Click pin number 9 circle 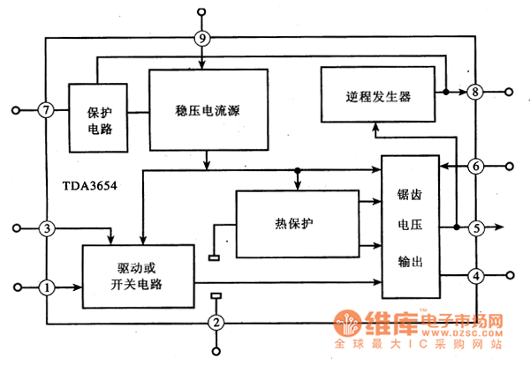coord(203,38)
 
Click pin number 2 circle coord(216,323)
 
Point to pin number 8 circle coord(475,92)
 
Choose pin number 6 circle coord(475,166)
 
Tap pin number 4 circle coord(475,277)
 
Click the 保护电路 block coord(100,119)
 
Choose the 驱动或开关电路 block coord(139,275)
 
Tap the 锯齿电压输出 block coord(410,227)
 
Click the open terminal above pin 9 coord(203,12)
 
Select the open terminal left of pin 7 coord(16,110)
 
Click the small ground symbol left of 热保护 coord(214,257)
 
